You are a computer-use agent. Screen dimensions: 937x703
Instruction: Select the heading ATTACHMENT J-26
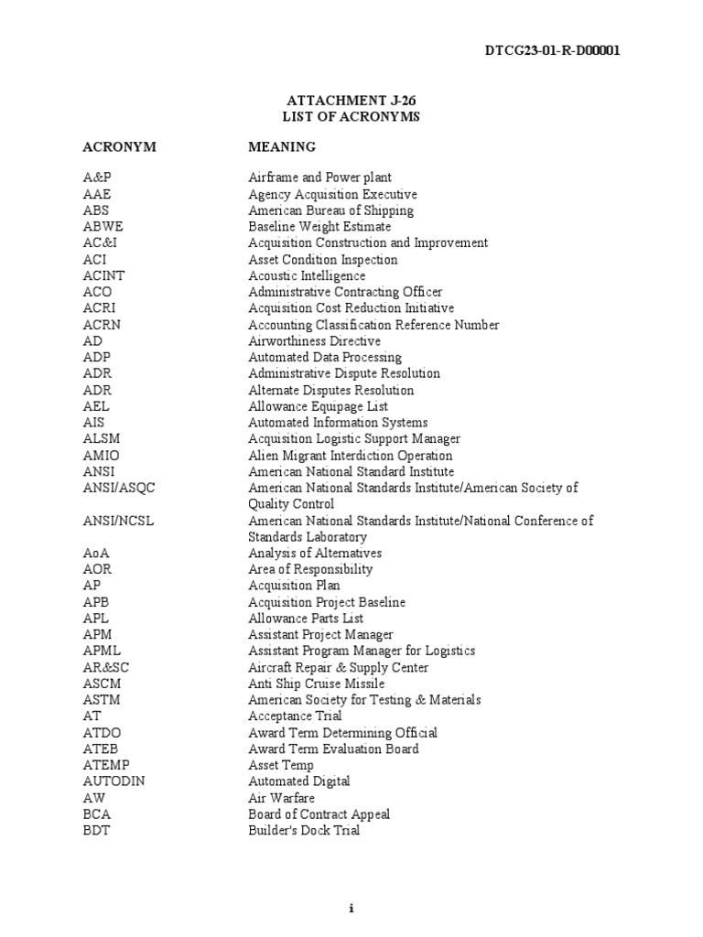351,102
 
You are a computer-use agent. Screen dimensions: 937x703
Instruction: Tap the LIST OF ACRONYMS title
351,117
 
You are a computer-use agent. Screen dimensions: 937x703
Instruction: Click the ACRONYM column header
119,146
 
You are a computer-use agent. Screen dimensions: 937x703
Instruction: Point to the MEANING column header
282,146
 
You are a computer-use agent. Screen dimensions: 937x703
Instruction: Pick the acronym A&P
95,178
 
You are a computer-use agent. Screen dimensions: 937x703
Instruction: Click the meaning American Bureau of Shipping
330,210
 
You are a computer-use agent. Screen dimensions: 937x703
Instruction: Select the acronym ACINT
102,275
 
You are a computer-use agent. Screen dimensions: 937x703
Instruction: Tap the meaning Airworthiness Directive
314,340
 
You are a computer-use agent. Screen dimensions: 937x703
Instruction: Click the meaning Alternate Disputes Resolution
330,390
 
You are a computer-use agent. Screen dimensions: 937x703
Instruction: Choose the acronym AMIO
101,455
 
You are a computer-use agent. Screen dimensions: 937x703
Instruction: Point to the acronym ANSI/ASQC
119,488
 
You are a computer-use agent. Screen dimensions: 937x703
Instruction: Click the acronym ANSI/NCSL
119,521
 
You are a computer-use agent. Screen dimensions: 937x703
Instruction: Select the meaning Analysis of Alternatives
315,553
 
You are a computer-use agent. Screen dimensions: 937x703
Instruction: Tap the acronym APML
101,651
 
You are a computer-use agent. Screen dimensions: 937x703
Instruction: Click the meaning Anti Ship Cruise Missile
316,684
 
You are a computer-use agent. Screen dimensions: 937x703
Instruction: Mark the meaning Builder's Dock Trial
304,830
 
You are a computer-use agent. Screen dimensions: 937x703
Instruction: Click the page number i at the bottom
351,909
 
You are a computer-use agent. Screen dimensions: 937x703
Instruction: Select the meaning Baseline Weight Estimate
319,226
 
